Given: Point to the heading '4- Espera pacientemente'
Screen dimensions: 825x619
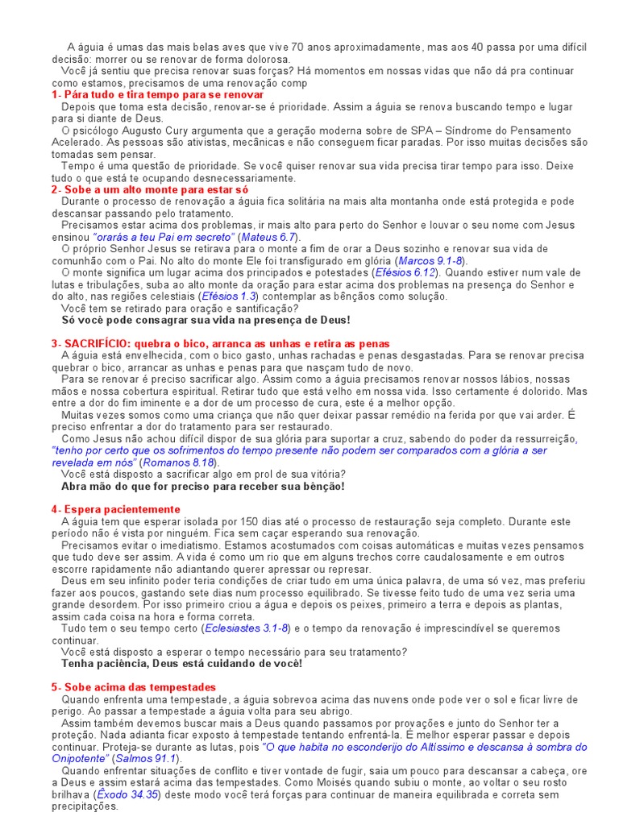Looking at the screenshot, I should [115, 510].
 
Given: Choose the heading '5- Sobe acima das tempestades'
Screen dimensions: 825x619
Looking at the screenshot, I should [133, 687].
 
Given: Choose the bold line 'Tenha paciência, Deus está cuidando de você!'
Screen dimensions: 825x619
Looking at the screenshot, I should [182, 663].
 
